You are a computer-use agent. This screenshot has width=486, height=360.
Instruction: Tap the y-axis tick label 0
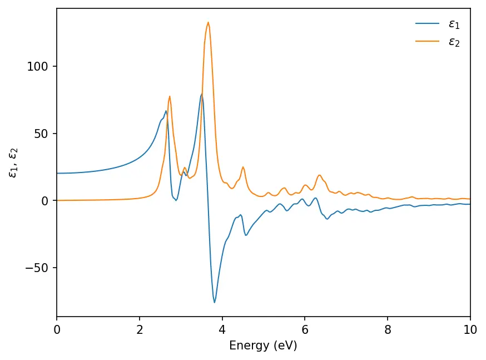[x=46, y=201]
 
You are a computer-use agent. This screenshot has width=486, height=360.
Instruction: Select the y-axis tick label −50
[x=39, y=268]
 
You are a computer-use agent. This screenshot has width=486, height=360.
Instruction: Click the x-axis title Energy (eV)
[x=263, y=346]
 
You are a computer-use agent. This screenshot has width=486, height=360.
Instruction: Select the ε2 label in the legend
[x=454, y=42]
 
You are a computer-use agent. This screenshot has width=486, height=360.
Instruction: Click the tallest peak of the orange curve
[x=208, y=22]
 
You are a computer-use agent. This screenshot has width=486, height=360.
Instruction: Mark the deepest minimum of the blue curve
[x=215, y=302]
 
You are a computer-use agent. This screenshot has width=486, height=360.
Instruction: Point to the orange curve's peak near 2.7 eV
[x=170, y=96]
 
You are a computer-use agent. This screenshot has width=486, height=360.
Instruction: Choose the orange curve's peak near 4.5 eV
[x=243, y=167]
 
